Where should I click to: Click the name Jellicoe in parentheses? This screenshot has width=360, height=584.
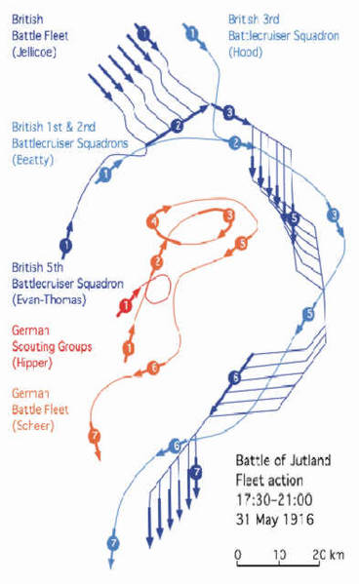tap(34, 52)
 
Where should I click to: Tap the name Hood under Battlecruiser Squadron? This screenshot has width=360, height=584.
tap(245, 52)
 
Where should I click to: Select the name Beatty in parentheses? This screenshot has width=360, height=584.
tap(32, 160)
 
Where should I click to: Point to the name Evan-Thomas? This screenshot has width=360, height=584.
tap(49, 300)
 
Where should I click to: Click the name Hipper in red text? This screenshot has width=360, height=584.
tap(31, 363)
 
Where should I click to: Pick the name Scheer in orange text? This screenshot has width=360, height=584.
tap(33, 425)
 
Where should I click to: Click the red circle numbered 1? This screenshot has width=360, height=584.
tap(126, 306)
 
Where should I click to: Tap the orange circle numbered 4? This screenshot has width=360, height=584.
tap(153, 222)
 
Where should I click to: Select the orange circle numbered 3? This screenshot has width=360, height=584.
tap(229, 215)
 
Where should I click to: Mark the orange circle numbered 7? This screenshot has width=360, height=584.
tap(95, 436)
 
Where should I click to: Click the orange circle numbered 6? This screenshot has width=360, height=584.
tap(153, 368)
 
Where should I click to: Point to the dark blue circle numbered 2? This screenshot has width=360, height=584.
tap(178, 126)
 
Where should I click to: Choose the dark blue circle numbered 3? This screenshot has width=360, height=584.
tap(229, 112)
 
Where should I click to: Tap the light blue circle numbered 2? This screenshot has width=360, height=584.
tap(235, 142)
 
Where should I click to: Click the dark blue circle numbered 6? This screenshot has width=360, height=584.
tap(235, 378)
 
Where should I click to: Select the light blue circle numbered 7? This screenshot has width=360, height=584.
tap(113, 543)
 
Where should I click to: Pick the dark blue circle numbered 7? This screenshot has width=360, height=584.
tap(196, 472)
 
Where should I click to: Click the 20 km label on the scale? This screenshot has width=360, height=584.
tap(329, 555)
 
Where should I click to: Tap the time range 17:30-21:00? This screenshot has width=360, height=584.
tap(274, 499)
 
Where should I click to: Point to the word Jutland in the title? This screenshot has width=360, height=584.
tap(309, 460)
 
